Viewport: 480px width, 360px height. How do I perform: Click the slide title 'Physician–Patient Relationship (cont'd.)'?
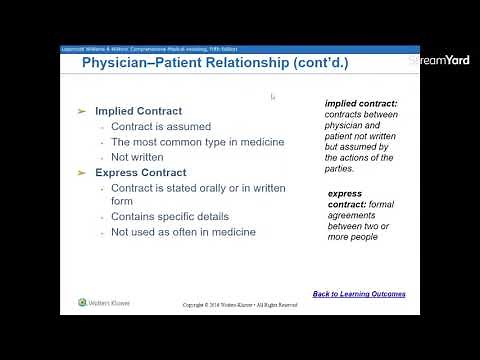pyautogui.click(x=214, y=64)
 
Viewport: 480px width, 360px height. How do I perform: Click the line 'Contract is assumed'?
pyautogui.click(x=159, y=127)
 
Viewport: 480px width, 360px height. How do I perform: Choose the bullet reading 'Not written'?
pyautogui.click(x=137, y=157)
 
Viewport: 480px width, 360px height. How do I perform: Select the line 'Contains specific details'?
pyautogui.click(x=170, y=216)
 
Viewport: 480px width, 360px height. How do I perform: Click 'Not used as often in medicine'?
pyautogui.click(x=183, y=232)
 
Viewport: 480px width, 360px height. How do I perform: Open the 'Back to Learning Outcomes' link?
pyautogui.click(x=359, y=294)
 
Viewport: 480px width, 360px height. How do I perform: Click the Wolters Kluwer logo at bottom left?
pyautogui.click(x=104, y=302)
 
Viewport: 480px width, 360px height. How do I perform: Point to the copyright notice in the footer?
pyautogui.click(x=240, y=305)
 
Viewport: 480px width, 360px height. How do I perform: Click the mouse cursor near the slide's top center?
pyautogui.click(x=273, y=97)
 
